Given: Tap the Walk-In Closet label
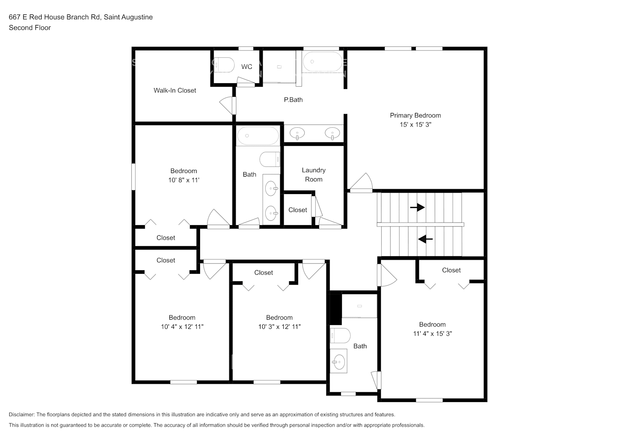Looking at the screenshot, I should coord(175,90).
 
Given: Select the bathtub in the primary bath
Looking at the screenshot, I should coord(323,62).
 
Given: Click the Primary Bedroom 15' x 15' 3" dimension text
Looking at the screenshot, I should coord(415,124).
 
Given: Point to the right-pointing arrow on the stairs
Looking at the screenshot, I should coord(417,207).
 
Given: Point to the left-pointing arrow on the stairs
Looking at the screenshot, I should coord(426,239).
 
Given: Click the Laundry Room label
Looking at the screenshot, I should coord(313,175).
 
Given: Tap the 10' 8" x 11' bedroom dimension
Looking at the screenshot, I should coord(184,180).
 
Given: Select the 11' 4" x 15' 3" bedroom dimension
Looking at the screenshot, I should coord(433,333).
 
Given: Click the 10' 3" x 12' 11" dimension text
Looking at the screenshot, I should coord(279,327).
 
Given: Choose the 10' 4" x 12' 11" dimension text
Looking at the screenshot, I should coord(182,327).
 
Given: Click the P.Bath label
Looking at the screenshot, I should coord(293,99).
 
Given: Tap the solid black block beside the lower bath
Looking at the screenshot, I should coord(335,308).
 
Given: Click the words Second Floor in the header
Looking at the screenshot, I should coord(30,28).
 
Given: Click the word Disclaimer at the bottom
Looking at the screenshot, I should coord(21,414).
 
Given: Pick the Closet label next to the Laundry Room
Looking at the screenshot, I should coord(298,210).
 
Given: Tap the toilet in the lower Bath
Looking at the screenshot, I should coord(340,336).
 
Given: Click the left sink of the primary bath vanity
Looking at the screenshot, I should coord(298,133).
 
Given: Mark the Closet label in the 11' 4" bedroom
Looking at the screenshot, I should coord(451,270).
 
